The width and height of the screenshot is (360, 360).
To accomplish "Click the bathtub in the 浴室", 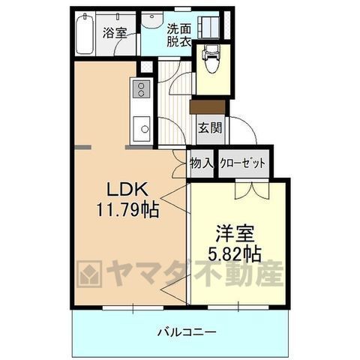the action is coord(85,34).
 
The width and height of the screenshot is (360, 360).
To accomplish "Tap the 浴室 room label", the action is coord(115,33).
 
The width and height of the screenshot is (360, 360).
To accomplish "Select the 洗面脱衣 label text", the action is coord(179,35).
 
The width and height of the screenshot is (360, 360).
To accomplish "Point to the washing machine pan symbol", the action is coord(208,27).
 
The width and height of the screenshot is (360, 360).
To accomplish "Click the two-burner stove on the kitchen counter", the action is coord(141,89).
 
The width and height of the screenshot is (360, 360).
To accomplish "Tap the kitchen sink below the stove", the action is coord(141,129).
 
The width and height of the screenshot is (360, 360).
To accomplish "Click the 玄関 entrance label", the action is coord(210,128).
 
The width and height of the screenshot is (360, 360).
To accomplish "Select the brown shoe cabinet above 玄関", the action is coord(208,107).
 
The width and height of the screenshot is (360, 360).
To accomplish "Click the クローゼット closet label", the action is coord(242,163).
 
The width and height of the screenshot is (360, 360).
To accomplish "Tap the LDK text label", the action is coord(127,190).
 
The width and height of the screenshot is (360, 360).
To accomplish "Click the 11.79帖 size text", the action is coord(128,210).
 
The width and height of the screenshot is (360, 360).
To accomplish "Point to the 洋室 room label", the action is coord(235,233).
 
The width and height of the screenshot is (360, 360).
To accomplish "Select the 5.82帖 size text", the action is coord(235,253).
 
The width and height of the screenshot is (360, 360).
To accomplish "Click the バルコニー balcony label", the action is coord(187,332).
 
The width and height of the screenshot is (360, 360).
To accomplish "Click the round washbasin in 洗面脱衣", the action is coord(151,19).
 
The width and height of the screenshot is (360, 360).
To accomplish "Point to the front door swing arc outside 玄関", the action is coord(248,126).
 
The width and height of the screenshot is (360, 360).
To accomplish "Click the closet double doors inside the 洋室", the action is coord(252,190).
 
